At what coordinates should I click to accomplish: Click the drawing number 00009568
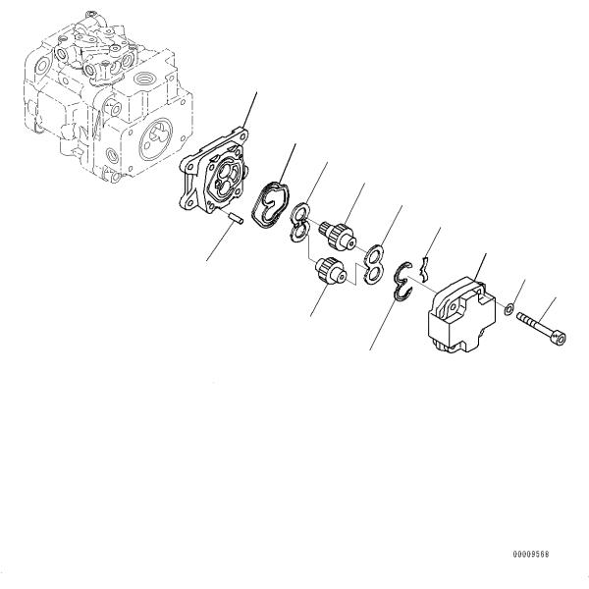529,555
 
